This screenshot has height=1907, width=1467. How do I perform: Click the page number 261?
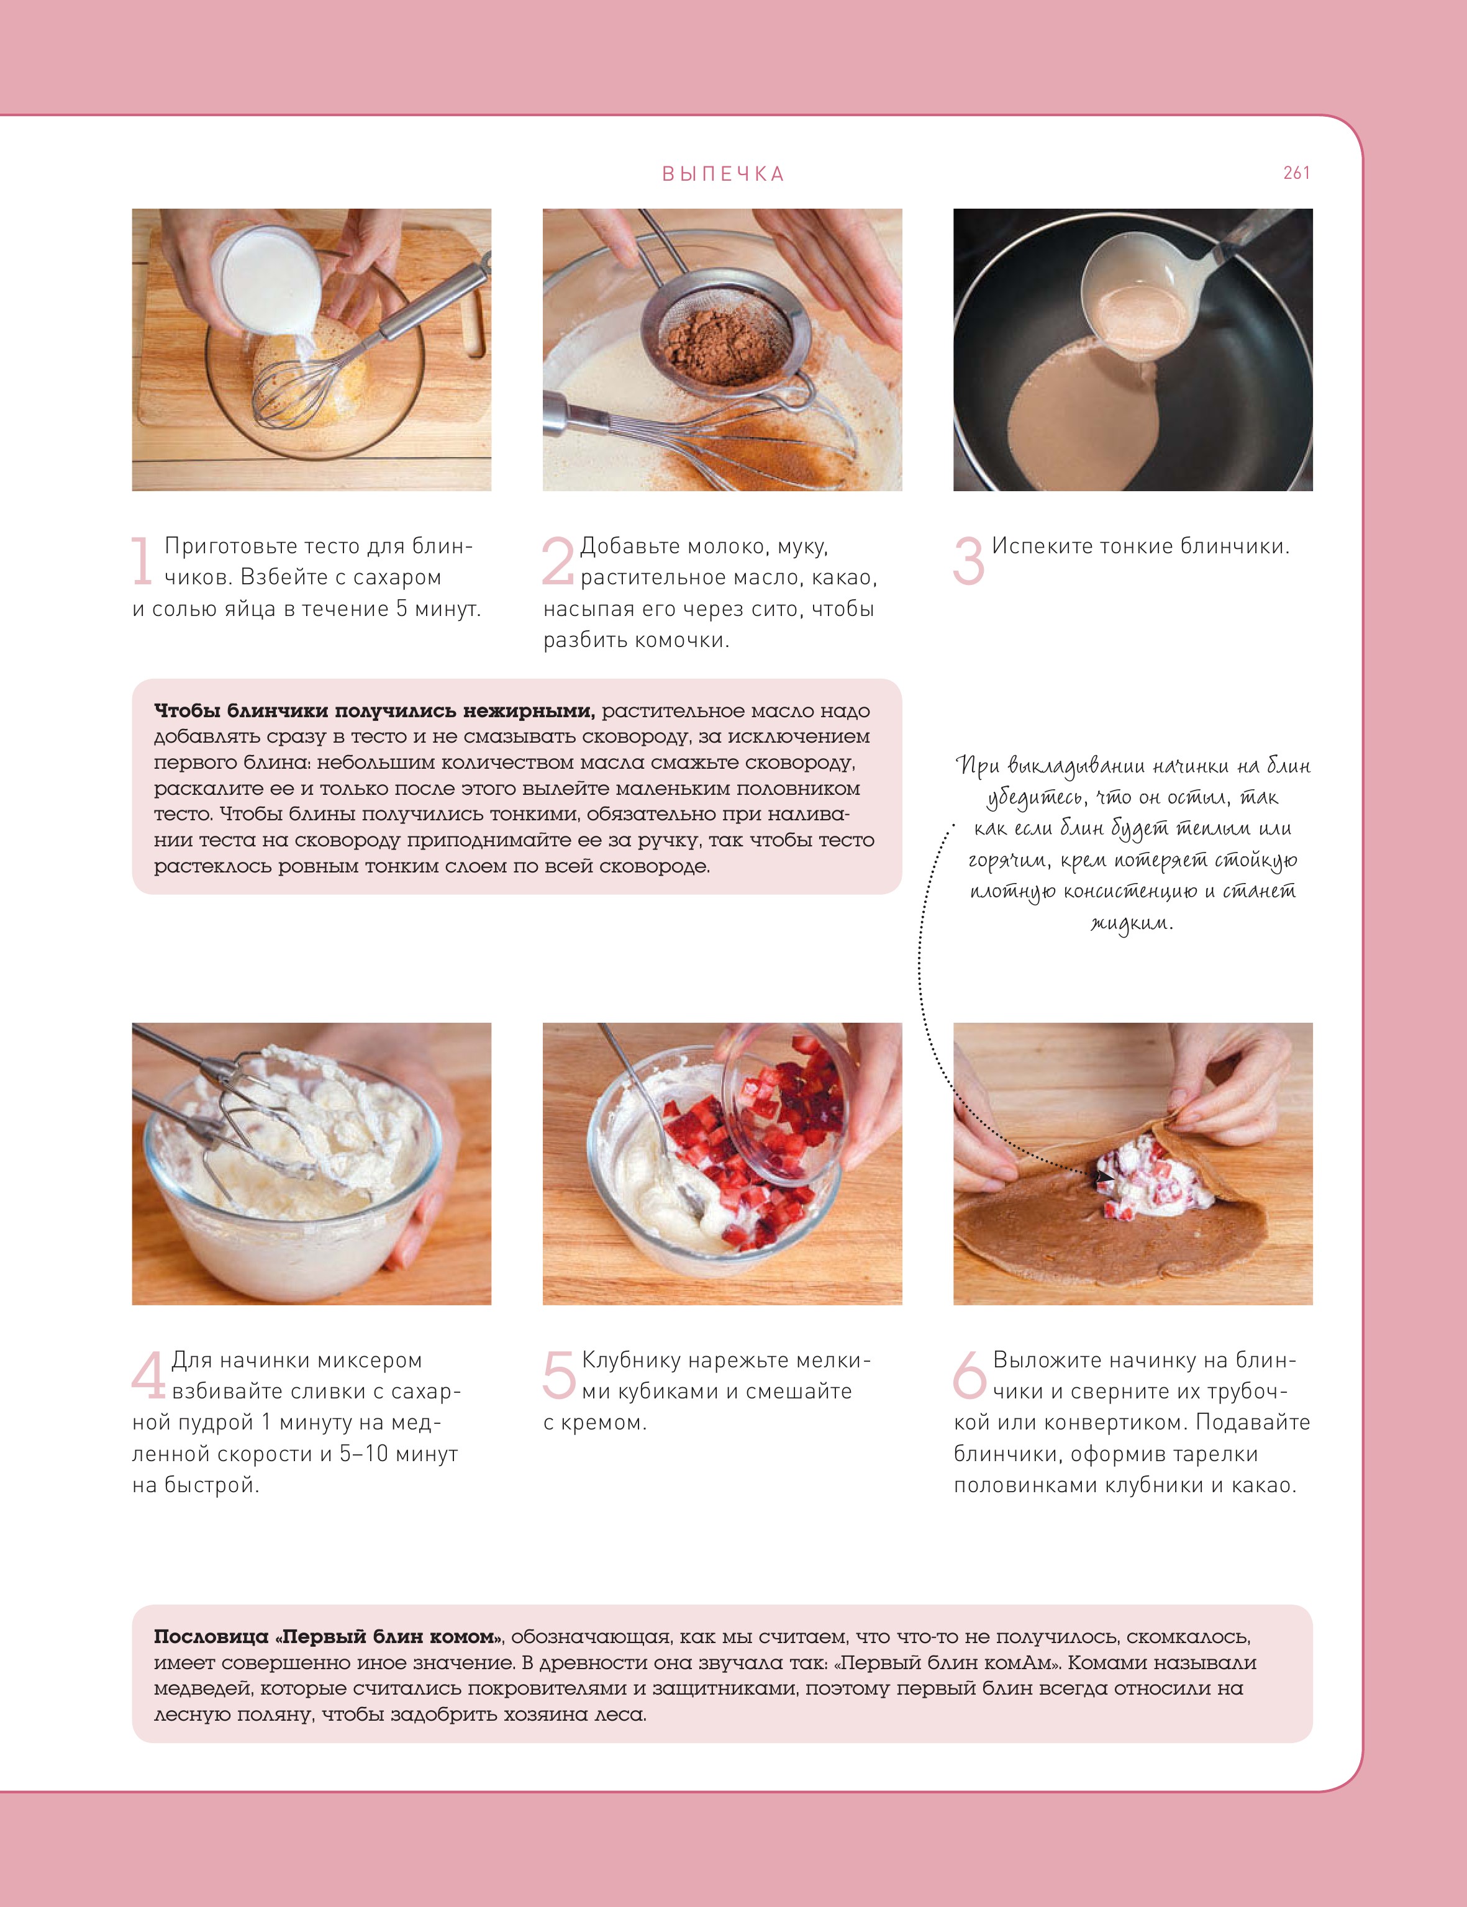pyautogui.click(x=1296, y=173)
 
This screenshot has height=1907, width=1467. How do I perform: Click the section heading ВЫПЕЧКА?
pyautogui.click(x=723, y=174)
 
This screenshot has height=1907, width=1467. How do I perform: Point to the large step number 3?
pyautogui.click(x=968, y=561)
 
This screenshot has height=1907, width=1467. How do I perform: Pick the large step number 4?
pyautogui.click(x=148, y=1374)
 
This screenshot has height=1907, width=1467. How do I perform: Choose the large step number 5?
pyautogui.click(x=559, y=1374)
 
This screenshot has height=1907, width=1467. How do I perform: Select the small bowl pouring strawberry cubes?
pyautogui.click(x=786, y=1102)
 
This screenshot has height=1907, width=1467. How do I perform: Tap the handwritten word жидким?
pyautogui.click(x=1132, y=923)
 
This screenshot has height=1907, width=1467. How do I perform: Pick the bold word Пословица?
pyautogui.click(x=211, y=1637)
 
